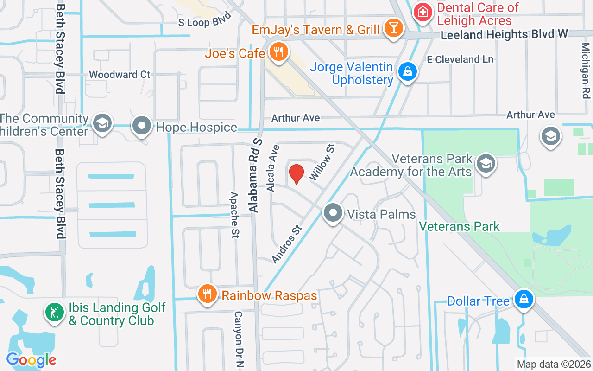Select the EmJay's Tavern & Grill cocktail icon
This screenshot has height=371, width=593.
tap(393, 29)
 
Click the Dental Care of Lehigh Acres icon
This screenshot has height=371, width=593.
tap(422, 13)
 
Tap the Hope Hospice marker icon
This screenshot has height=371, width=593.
tap(142, 126)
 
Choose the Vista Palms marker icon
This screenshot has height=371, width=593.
tap(333, 213)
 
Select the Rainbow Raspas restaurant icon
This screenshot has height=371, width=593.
tap(207, 294)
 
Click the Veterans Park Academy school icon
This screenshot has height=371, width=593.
tap(486, 163)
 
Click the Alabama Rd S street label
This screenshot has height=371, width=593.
tap(255, 176)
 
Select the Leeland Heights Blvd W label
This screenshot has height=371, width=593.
tap(504, 35)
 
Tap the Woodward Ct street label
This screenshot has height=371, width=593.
tap(120, 74)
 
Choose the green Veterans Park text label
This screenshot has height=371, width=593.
tap(459, 226)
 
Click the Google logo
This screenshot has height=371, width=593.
tap(31, 360)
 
